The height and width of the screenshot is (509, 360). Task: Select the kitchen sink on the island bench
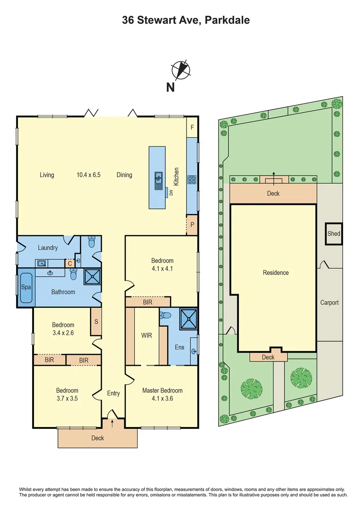tap(158, 178)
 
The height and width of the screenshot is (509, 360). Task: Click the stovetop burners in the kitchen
tap(192, 180)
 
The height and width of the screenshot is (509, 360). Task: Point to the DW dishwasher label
tap(172, 192)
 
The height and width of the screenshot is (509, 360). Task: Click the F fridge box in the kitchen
tap(192, 127)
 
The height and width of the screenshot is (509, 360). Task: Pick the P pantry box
tap(192, 225)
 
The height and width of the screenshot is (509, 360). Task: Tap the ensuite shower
tap(188, 317)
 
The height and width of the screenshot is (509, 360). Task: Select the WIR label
tap(147, 336)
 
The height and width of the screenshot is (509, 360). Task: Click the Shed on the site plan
tap(334, 234)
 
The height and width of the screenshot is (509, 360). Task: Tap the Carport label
tap(329, 303)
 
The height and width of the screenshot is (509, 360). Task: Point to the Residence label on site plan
tap(276, 273)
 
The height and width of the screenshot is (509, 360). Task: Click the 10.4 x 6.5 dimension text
tap(89, 175)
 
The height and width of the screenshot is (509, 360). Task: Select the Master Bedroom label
tap(162, 390)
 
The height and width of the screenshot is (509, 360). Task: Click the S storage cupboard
tap(96, 321)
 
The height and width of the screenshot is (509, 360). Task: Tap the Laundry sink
tap(41, 263)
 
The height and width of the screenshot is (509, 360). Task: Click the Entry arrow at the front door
tap(112, 423)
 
